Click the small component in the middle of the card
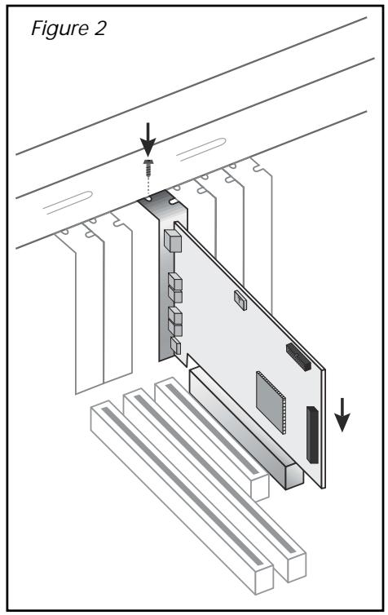click(239, 299)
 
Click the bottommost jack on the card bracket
click(174, 348)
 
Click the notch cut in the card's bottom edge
click(188, 360)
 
